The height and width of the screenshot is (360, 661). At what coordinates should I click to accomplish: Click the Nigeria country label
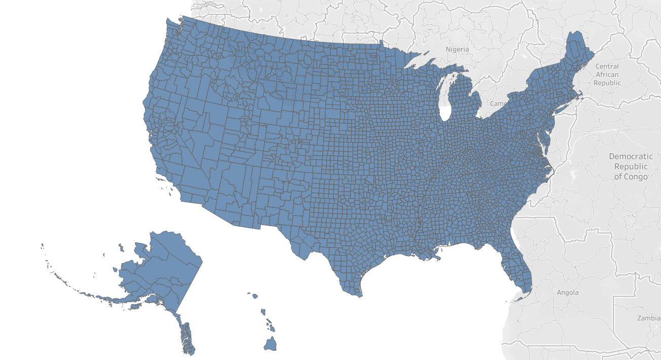click(458, 49)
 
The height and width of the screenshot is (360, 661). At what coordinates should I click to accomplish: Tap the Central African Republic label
click(607, 75)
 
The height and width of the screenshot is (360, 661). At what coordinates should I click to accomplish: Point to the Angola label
click(568, 293)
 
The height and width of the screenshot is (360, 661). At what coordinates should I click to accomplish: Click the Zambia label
click(649, 318)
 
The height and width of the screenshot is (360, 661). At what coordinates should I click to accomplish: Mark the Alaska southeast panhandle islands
click(187, 337)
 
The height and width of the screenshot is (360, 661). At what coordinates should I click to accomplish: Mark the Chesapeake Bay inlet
click(542, 150)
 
